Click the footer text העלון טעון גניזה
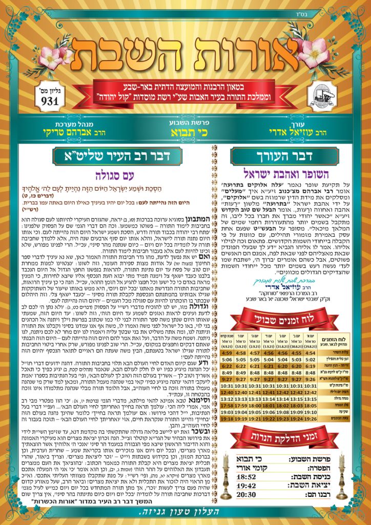186,515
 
